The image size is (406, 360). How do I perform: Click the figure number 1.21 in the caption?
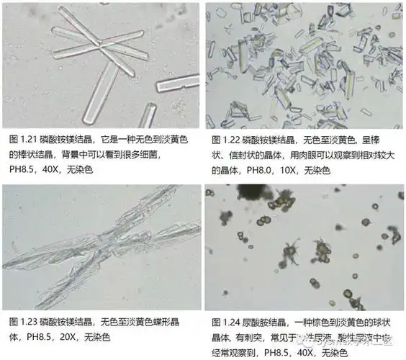(23, 137)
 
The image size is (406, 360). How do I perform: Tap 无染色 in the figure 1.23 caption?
(107, 336)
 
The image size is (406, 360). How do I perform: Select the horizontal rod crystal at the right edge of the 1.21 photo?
(178, 84)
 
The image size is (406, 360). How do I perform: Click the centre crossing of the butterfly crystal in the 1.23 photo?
(99, 238)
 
